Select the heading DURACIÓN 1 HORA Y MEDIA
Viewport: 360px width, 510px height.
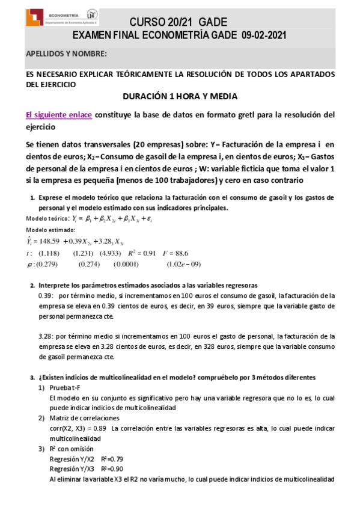tap(180, 96)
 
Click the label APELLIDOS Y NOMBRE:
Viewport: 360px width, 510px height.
tap(66, 54)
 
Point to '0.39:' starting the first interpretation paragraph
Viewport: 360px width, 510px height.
tap(46, 296)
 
